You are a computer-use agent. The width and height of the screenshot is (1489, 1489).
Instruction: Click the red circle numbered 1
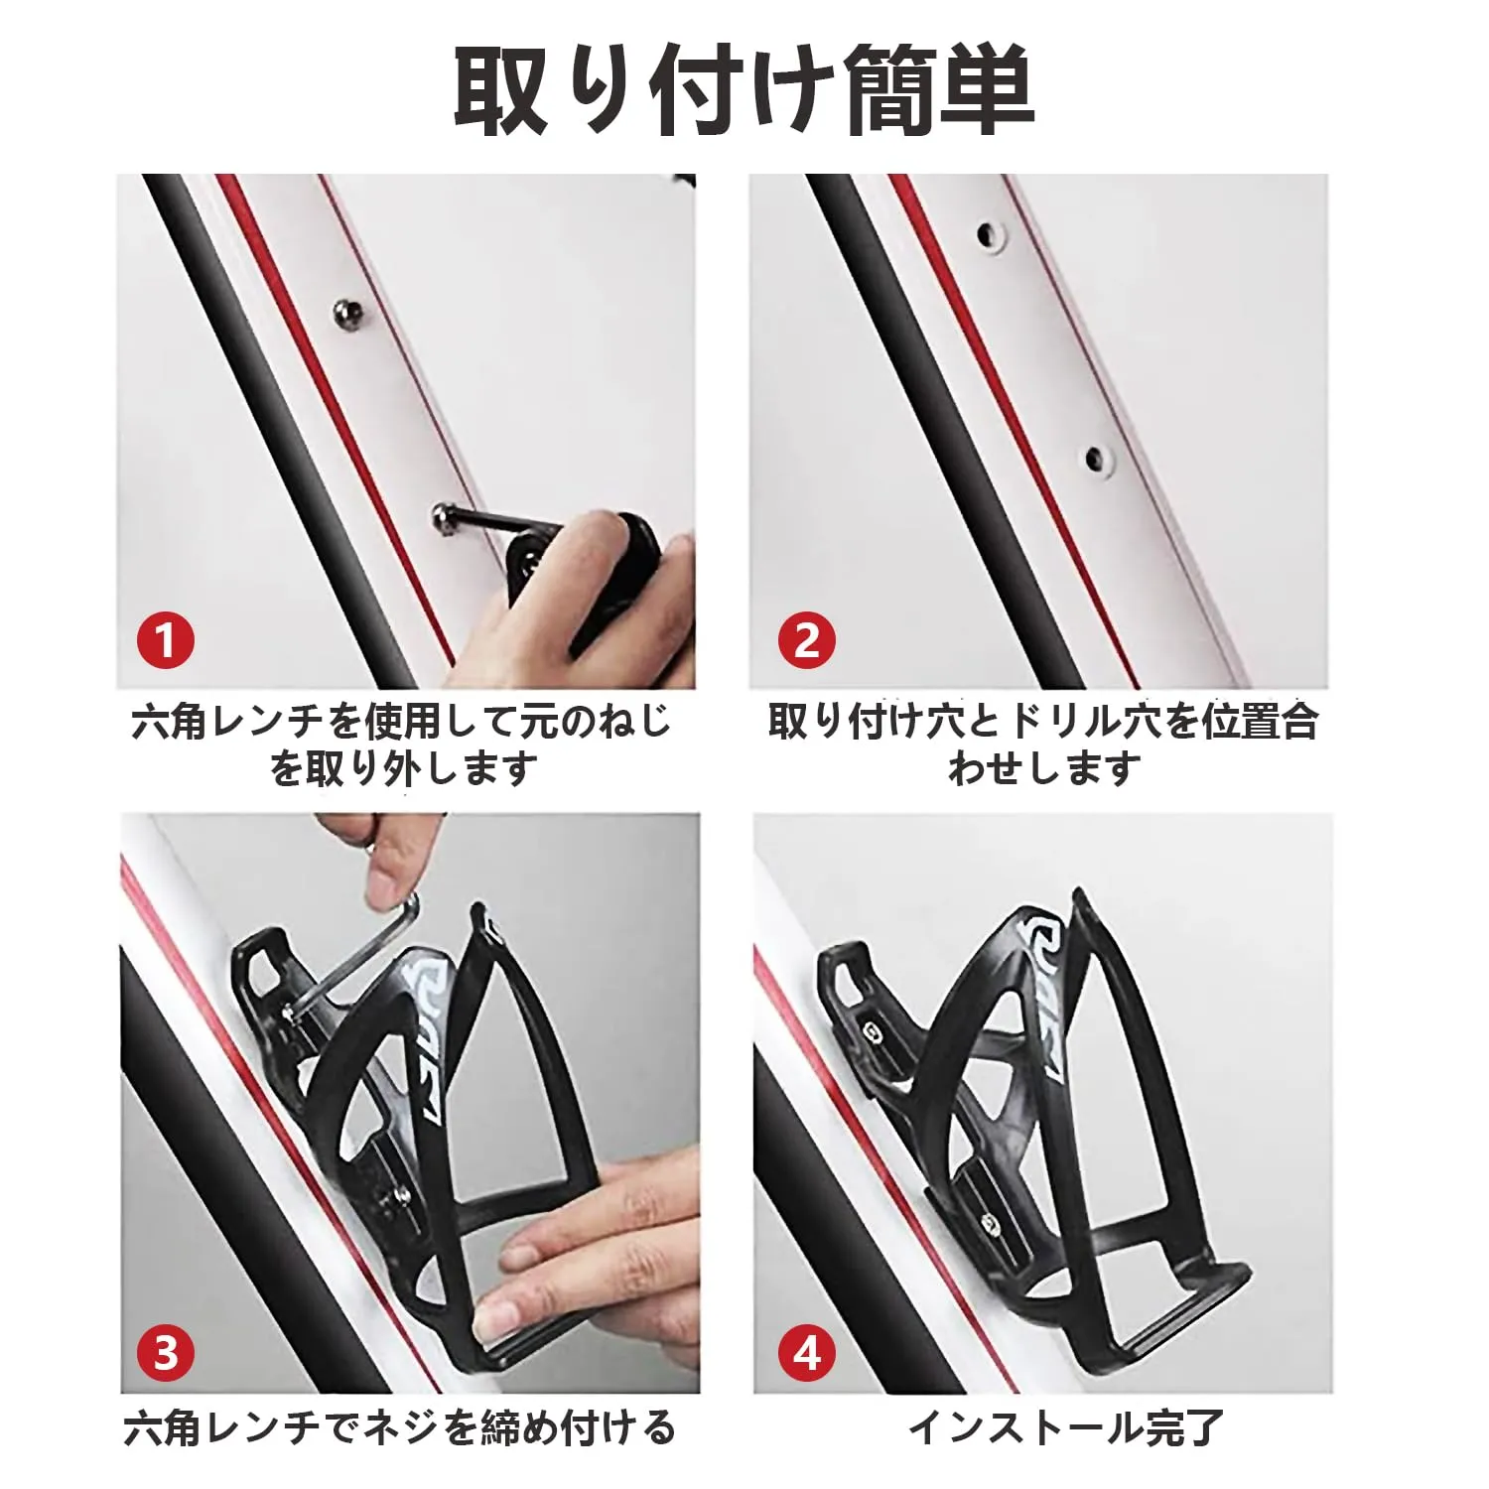tap(166, 640)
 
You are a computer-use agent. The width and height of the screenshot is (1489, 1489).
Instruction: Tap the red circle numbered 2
tap(807, 640)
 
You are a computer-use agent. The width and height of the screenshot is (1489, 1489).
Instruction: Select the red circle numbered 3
tap(166, 1352)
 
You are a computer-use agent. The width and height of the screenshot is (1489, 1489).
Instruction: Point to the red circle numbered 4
tap(807, 1352)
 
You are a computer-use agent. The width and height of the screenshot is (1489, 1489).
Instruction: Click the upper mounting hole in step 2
tap(989, 235)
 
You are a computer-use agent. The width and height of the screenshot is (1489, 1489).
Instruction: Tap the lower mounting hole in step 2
tap(1095, 459)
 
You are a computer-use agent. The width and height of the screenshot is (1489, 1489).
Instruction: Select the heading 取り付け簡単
tap(744, 92)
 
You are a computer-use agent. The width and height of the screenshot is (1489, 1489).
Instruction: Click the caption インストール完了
tap(1066, 1428)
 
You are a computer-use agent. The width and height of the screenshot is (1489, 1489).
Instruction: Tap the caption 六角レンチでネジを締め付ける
tap(400, 1428)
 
